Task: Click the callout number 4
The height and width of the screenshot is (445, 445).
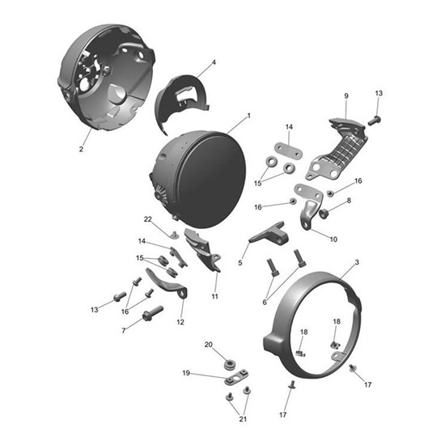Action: [214, 62]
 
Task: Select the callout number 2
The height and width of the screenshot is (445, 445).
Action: [81, 149]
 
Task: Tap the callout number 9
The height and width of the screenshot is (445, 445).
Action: [346, 96]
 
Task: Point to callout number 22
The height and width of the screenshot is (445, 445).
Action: [148, 219]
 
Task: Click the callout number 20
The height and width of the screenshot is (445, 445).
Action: [209, 345]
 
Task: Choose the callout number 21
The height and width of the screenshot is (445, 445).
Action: [243, 419]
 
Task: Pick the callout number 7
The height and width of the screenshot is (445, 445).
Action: [124, 331]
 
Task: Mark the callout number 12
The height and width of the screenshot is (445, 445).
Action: [180, 322]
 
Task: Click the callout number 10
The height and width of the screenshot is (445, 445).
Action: [333, 239]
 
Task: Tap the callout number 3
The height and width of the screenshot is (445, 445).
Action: [357, 262]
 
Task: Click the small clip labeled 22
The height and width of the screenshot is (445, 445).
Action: [175, 235]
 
